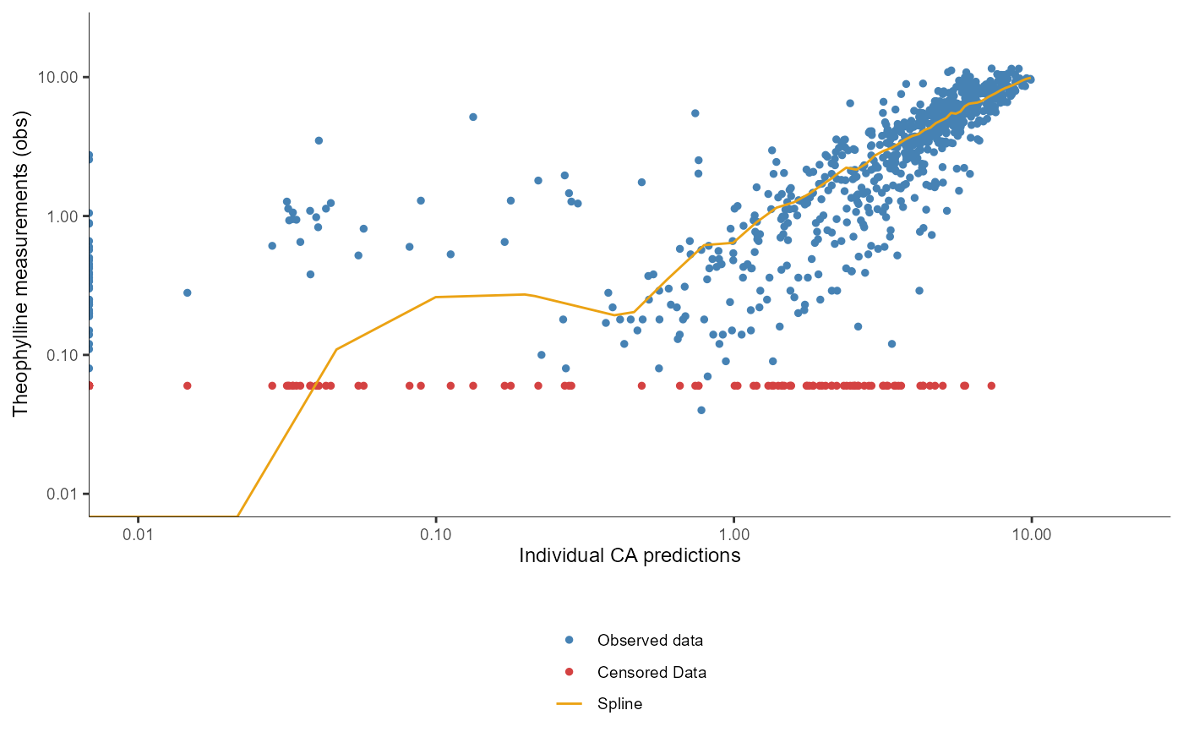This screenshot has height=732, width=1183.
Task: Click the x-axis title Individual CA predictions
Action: tap(630, 555)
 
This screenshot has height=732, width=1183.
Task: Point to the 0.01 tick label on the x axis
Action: tap(138, 534)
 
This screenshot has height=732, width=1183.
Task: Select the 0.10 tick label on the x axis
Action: tap(435, 534)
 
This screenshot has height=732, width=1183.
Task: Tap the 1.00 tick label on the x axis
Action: tap(733, 534)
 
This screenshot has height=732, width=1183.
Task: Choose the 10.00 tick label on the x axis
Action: tap(1031, 534)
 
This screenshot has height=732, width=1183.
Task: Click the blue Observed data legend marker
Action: tap(569, 640)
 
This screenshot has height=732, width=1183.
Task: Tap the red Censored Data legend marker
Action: tap(569, 672)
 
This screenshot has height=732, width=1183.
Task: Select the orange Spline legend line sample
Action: tap(569, 703)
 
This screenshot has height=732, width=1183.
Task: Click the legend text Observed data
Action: tap(650, 640)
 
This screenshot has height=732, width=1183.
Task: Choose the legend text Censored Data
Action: tap(651, 672)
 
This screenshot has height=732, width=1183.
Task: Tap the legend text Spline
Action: tap(619, 703)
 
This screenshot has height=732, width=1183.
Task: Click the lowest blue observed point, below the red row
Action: tap(701, 410)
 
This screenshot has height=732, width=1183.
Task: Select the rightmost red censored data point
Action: tap(991, 385)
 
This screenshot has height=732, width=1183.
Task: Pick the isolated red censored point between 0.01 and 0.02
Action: tap(188, 385)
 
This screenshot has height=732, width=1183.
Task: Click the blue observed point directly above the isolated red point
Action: tap(188, 292)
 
